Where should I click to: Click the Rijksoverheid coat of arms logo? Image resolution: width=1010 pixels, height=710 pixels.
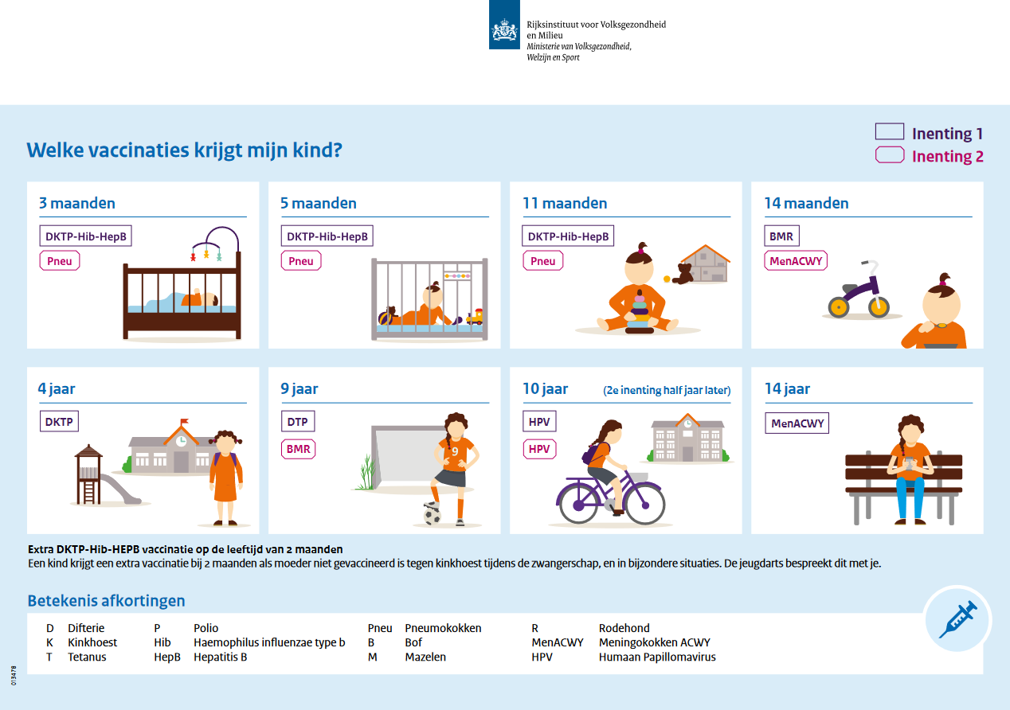(505, 31)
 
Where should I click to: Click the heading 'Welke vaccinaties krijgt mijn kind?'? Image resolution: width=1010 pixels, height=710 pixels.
(185, 150)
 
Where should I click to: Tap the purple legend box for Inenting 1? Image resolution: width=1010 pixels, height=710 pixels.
(889, 132)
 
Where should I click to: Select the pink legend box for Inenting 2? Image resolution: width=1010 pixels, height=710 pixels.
(889, 155)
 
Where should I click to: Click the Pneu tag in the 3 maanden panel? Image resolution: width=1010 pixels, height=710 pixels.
(60, 260)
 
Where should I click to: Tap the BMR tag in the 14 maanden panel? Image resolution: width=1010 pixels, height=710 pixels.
(781, 236)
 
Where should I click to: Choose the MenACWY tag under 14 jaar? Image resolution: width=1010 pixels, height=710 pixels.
(796, 423)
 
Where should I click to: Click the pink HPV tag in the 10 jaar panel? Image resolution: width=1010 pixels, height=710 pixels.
(539, 449)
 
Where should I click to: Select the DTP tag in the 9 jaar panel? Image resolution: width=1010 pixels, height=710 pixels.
(298, 422)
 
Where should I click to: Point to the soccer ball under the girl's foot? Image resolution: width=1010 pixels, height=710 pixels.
(431, 515)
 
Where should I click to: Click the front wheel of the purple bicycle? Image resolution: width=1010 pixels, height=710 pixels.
(644, 501)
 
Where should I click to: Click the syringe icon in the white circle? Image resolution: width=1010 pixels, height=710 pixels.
(957, 618)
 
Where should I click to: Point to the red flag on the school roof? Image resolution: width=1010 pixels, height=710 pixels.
(184, 422)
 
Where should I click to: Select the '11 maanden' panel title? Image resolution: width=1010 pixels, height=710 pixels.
(565, 203)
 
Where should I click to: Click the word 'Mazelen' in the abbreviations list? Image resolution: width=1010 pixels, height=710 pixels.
(425, 657)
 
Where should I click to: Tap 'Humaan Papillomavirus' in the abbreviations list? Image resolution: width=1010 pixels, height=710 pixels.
(657, 657)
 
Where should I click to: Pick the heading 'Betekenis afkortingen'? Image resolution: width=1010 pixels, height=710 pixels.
(106, 600)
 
